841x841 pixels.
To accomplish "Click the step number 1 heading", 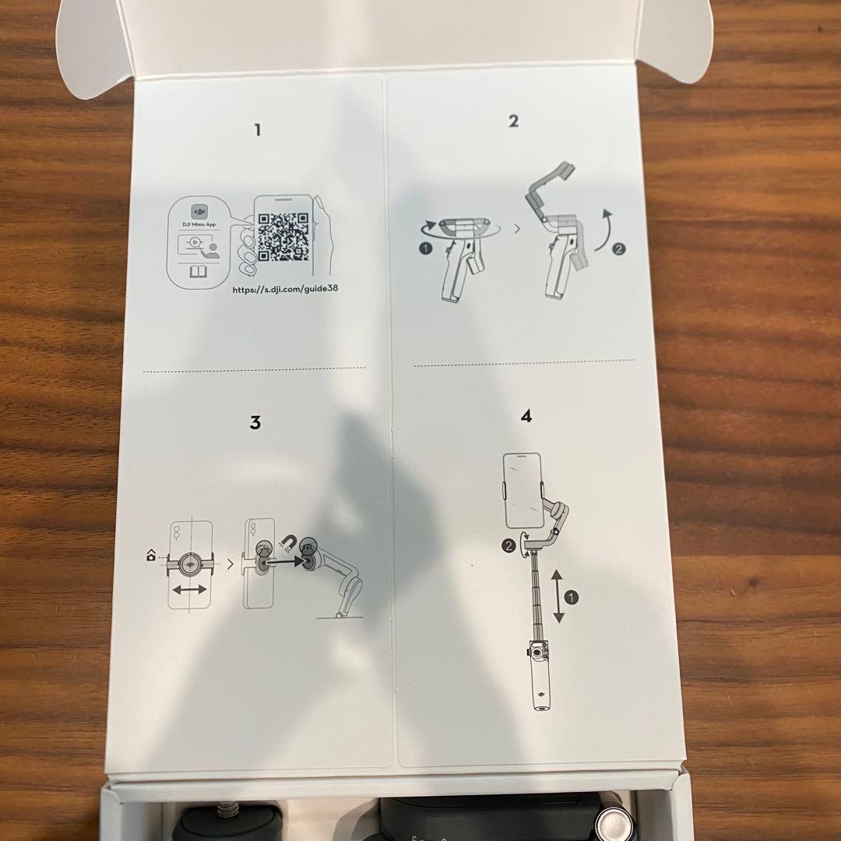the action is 258,130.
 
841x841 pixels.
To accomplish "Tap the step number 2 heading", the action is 513,121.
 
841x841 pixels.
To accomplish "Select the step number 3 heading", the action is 255,423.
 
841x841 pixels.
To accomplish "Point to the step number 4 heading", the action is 526,416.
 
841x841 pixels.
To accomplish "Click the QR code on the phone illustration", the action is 283,237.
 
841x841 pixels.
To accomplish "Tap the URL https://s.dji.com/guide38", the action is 285,289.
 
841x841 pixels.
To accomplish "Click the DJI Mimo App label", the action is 199,224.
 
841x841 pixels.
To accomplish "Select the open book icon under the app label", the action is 198,272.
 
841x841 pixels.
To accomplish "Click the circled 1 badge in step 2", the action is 425,248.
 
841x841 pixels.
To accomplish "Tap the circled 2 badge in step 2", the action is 618,249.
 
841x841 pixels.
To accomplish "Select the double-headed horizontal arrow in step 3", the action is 190,589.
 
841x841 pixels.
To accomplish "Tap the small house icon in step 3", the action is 151,556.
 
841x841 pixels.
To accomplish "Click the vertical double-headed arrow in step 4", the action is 558,596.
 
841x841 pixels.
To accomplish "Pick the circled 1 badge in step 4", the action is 572,597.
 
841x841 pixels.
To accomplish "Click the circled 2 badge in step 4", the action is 508,546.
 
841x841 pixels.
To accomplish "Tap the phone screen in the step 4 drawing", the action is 523,491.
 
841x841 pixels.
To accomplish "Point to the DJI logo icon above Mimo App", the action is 199,211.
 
